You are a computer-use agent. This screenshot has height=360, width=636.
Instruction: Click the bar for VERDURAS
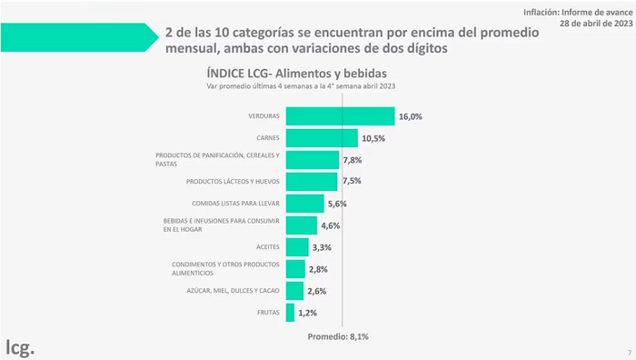(x=341, y=116)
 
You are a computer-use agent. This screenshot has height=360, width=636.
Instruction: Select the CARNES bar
(x=322, y=138)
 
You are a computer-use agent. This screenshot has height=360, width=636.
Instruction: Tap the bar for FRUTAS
(x=290, y=313)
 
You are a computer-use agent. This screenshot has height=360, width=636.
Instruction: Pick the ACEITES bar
(x=297, y=247)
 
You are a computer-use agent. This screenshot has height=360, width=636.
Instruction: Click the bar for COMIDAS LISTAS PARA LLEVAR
(x=305, y=204)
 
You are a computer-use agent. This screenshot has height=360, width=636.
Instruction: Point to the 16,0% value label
(x=411, y=116)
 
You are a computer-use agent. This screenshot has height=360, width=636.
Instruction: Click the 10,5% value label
(x=373, y=138)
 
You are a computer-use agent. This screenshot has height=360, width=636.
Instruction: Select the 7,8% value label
(x=353, y=160)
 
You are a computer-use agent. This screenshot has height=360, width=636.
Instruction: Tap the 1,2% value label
(x=307, y=313)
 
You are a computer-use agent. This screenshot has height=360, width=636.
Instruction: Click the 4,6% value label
(x=331, y=225)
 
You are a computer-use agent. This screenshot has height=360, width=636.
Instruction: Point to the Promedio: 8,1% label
(x=338, y=336)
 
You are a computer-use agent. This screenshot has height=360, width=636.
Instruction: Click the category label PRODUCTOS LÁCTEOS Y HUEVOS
(x=233, y=182)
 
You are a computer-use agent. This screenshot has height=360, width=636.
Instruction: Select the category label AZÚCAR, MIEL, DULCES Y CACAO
(x=233, y=291)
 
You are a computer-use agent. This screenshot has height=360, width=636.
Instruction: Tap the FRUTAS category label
(x=268, y=313)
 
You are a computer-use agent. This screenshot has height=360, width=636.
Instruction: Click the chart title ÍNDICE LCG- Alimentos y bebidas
(x=296, y=74)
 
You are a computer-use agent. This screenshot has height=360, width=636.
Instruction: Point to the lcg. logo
(x=20, y=347)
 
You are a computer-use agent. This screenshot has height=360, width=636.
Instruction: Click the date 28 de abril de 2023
(x=596, y=23)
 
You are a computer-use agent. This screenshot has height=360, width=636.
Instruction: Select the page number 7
(x=630, y=353)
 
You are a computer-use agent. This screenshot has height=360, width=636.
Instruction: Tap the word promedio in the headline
(x=510, y=33)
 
